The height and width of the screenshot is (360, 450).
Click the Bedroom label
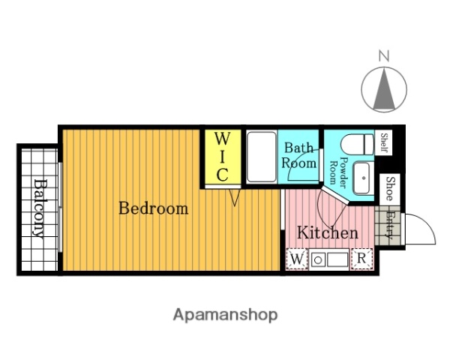point(154,208)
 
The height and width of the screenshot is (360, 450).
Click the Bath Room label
point(298,155)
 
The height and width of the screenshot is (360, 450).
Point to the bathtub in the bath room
point(262,157)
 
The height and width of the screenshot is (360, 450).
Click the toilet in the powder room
point(358,144)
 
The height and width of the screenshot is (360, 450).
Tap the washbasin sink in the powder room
point(363,178)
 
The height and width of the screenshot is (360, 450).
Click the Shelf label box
point(383,142)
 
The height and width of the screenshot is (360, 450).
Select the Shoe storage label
point(389,189)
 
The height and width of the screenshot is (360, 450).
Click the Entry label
point(388,225)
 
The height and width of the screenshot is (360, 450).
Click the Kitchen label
point(328,232)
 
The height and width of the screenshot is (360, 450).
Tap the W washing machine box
point(297,259)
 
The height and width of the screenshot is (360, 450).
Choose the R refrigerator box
point(362,259)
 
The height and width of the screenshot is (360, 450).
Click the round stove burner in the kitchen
point(318,260)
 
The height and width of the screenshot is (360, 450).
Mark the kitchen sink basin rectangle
point(337,259)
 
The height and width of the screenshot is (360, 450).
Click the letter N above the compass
point(384,56)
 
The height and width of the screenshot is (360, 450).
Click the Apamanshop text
point(225,315)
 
